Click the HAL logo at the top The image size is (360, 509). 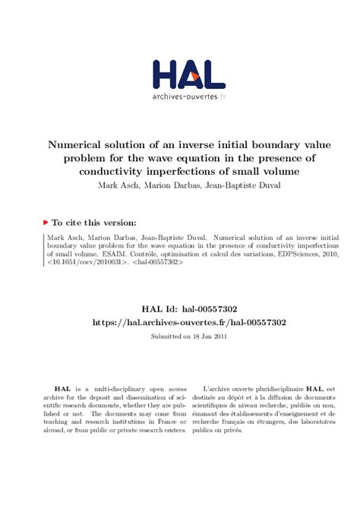pyautogui.click(x=188, y=74)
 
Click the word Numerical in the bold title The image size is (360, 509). pyautogui.click(x=80, y=144)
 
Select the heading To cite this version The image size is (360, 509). pyautogui.click(x=93, y=223)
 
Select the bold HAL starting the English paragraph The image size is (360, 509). pyautogui.click(x=51, y=388)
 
